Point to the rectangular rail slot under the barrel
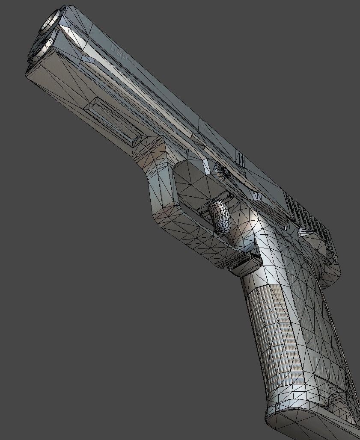pyautogui.click(x=113, y=118)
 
